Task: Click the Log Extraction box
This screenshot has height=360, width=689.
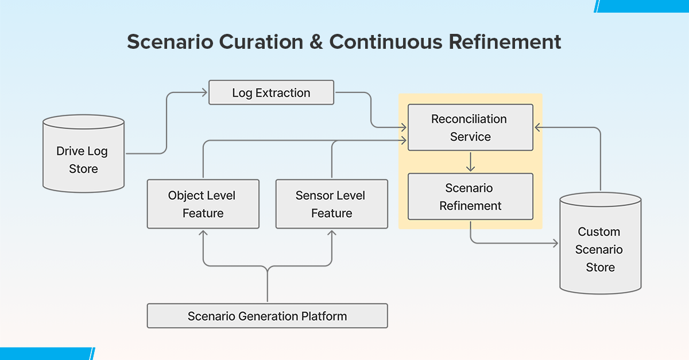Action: tap(271, 92)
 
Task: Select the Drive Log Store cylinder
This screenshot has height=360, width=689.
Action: tap(84, 154)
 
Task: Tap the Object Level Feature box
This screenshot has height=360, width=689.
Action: tap(203, 204)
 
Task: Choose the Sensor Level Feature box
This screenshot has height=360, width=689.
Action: tap(331, 204)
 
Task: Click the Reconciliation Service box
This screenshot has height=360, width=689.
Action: tap(470, 127)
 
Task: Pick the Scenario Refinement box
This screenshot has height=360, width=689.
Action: tap(470, 196)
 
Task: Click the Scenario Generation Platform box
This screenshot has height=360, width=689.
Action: tap(267, 316)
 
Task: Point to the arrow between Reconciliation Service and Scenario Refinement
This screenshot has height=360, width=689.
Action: tap(471, 162)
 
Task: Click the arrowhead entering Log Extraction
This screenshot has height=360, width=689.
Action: tap(205, 92)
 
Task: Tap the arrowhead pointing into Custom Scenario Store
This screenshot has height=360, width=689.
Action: tap(555, 243)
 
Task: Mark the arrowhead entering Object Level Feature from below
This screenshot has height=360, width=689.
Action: tap(203, 232)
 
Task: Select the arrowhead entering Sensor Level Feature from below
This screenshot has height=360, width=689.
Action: tap(332, 232)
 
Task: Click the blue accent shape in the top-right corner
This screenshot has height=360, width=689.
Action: tap(643, 5)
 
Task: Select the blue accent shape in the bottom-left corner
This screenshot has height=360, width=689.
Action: tap(46, 354)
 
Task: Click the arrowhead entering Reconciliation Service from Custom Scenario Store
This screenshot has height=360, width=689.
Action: tap(537, 127)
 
